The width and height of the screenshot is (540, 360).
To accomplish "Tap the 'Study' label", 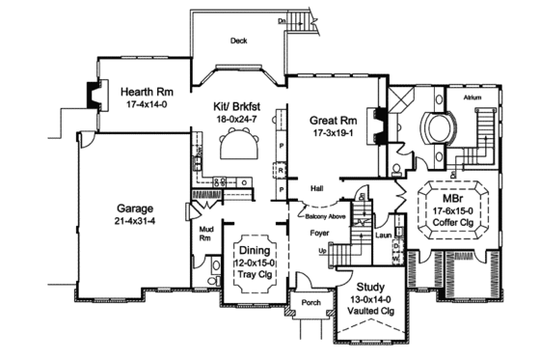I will pyautogui.click(x=370, y=287).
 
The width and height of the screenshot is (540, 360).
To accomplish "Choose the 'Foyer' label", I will pyautogui.click(x=320, y=232).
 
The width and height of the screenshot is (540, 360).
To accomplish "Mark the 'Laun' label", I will pyautogui.click(x=382, y=233).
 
